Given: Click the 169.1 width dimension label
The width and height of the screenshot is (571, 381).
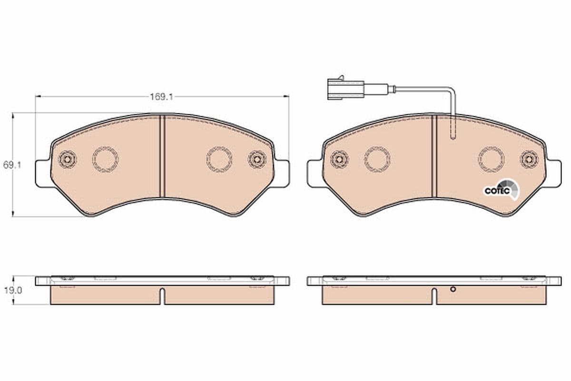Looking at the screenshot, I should (161, 97).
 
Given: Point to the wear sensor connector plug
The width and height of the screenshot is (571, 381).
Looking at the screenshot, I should (345, 89).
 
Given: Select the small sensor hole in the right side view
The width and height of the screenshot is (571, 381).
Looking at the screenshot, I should (453, 289).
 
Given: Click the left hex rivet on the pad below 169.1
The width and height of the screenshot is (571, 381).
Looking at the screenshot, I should (67, 159).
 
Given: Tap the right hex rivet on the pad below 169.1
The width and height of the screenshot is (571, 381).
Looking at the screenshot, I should (257, 159).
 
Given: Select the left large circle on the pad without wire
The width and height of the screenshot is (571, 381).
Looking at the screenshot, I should (105, 159).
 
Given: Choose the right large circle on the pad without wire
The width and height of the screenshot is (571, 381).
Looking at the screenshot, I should (219, 159).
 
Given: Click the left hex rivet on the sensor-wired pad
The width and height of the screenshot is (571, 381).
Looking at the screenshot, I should (339, 159).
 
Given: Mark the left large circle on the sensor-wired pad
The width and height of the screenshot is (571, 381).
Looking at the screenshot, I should (377, 159).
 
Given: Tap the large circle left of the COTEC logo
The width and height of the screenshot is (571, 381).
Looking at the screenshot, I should (491, 159).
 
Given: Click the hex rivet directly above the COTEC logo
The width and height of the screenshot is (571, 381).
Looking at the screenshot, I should (529, 159).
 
